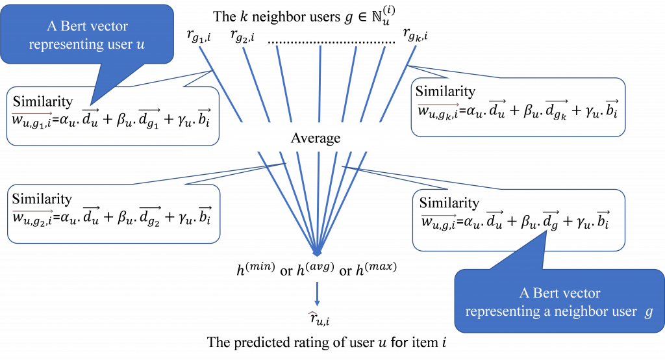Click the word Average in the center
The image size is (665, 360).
(316, 138)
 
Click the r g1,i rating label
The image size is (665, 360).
(199, 36)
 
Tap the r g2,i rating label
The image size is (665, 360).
(243, 36)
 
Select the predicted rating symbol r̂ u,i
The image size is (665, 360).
(319, 318)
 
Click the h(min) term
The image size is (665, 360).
(256, 269)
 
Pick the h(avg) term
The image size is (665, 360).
(315, 269)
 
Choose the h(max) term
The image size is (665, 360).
(376, 269)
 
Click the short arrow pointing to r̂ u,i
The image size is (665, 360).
(317, 294)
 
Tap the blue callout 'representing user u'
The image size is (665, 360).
(87, 35)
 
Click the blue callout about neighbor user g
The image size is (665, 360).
(559, 302)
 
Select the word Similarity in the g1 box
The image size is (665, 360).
(43, 102)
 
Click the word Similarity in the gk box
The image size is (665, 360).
(445, 92)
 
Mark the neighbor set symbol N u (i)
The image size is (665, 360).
(383, 16)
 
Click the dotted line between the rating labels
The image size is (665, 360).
(332, 42)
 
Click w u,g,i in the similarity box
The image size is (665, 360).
(438, 222)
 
